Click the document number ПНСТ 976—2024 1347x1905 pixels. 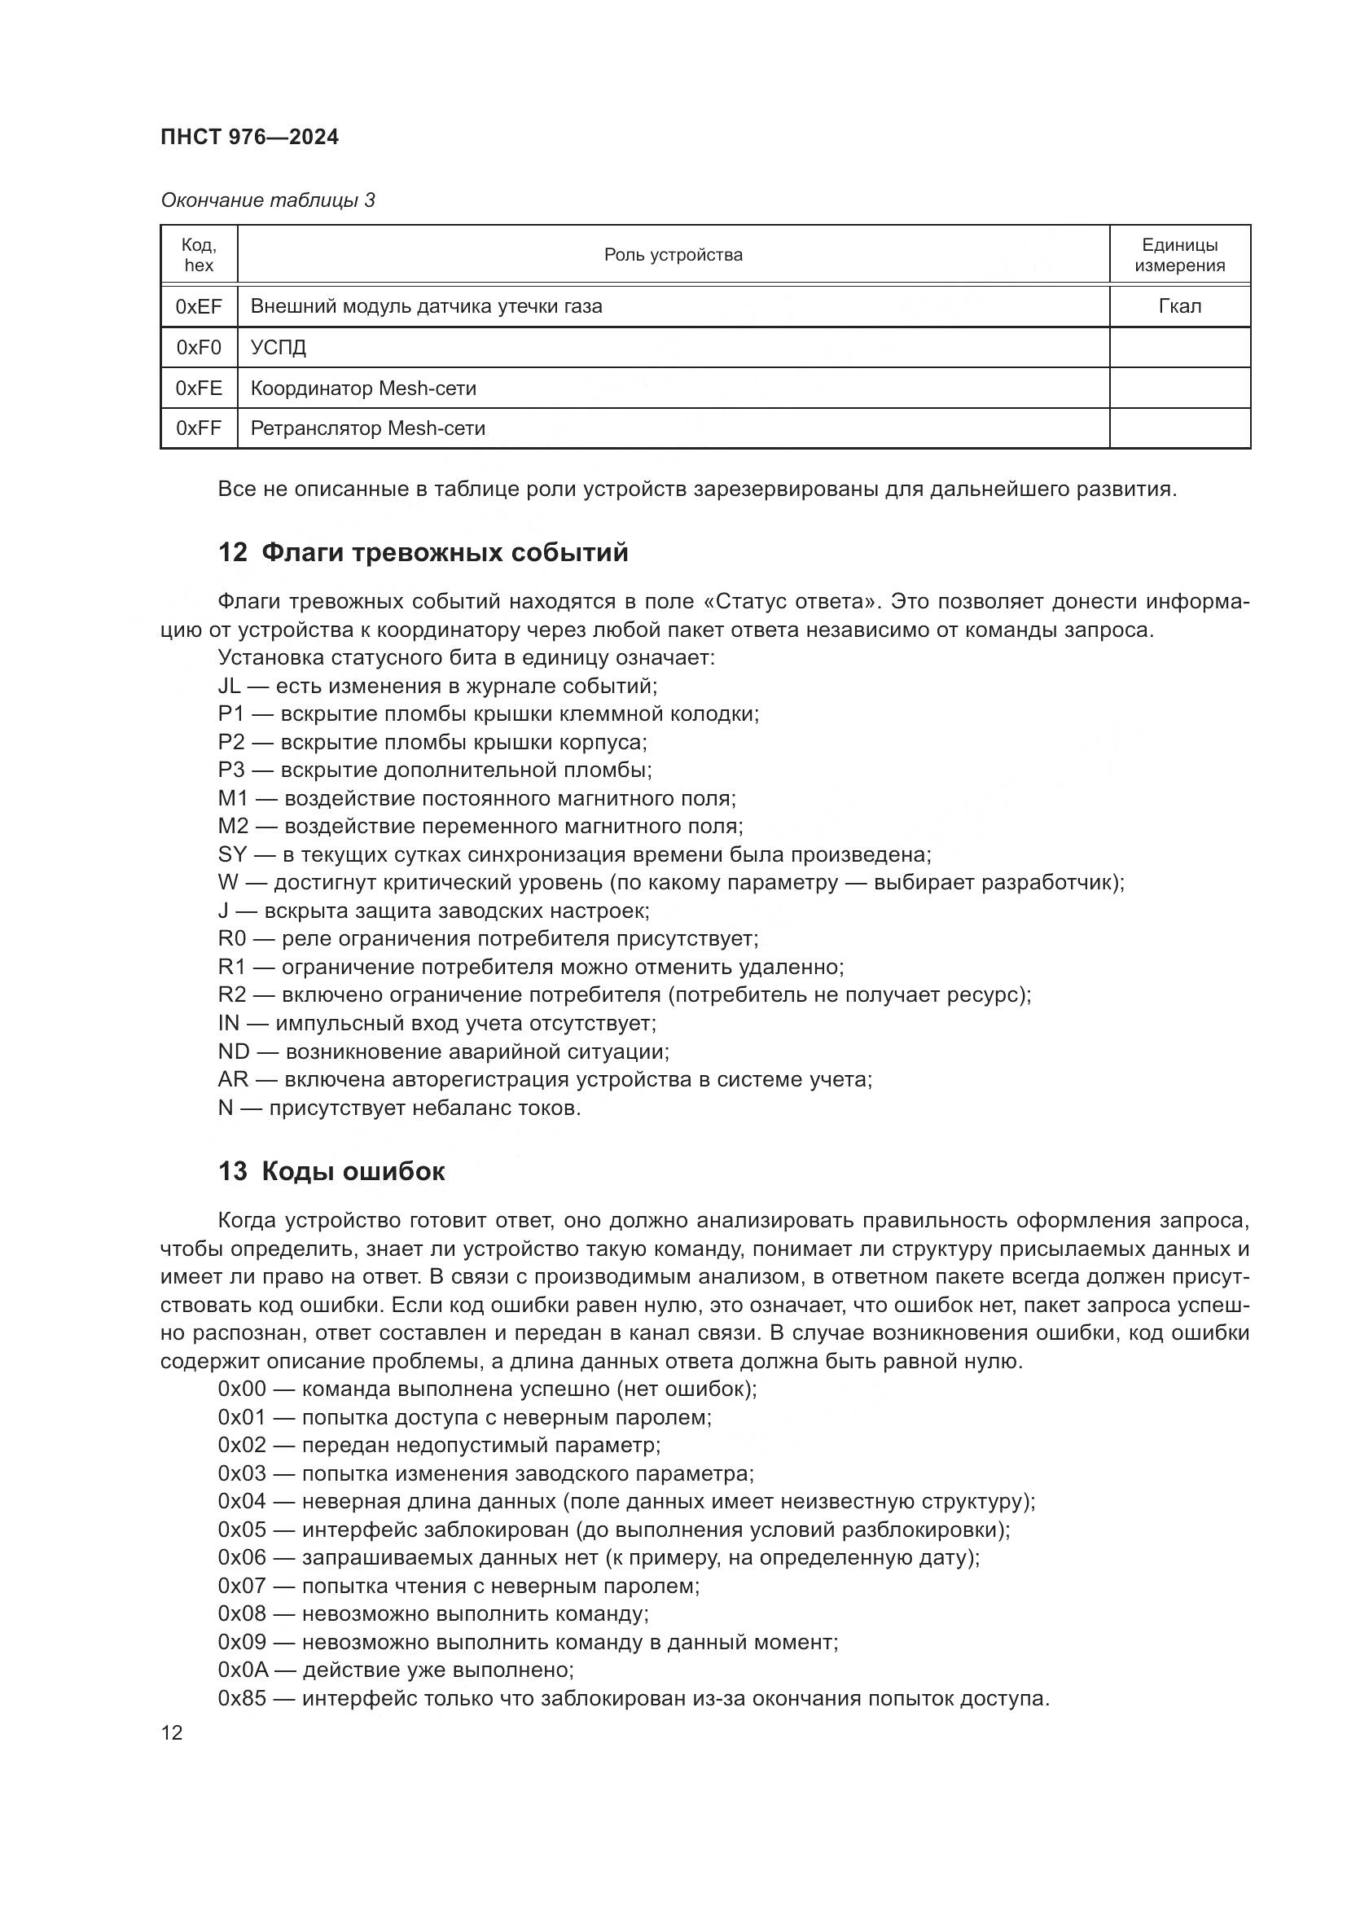click(250, 138)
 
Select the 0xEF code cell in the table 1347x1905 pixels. click(199, 307)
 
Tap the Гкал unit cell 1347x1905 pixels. click(1179, 307)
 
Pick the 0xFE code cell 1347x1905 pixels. click(199, 388)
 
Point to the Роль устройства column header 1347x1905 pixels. click(673, 256)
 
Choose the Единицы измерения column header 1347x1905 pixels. click(1179, 256)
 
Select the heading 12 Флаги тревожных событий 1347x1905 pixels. click(423, 552)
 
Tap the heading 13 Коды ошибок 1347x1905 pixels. click(331, 1171)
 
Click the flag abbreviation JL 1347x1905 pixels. click(230, 686)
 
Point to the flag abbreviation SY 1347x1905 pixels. click(233, 854)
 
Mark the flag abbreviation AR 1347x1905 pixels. click(233, 1079)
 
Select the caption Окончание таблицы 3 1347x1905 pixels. click(268, 201)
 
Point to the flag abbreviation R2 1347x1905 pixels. click(232, 994)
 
